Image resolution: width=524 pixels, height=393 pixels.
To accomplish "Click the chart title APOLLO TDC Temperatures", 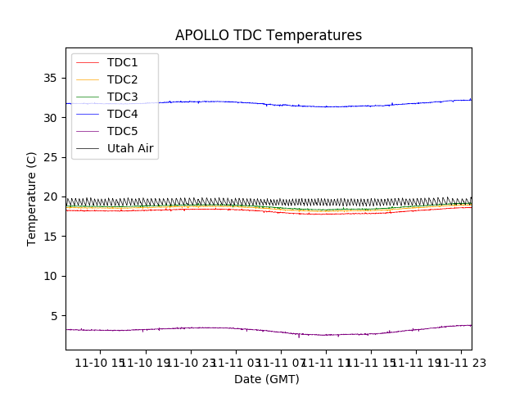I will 269,35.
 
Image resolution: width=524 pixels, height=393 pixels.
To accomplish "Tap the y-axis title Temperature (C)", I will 31,198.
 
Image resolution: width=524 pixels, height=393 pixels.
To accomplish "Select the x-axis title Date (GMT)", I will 267,379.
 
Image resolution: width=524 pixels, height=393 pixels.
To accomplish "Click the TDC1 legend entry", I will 122,63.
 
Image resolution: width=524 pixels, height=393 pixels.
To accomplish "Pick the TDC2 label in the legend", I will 122,80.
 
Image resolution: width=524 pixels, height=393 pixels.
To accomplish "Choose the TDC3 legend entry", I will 122,97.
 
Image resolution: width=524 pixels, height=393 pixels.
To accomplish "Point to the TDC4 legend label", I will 122,115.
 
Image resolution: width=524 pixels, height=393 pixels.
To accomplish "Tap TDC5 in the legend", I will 122,132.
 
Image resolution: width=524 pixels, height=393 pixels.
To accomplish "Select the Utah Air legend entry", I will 130,149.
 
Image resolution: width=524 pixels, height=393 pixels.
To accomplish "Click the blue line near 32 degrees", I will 246,103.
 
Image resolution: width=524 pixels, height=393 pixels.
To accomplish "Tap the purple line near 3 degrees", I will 246,329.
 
